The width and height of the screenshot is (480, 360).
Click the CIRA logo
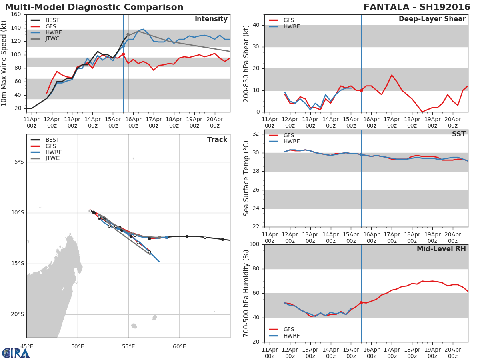click(16, 352)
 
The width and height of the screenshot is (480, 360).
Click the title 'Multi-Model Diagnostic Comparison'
click(94, 7)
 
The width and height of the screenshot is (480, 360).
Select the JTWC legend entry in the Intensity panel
click(52, 39)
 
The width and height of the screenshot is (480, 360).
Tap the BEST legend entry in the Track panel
click(52, 140)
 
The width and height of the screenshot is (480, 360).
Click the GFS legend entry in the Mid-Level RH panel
click(288, 329)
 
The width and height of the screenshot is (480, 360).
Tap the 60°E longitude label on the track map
click(179, 346)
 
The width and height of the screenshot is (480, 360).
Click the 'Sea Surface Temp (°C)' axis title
click(246, 178)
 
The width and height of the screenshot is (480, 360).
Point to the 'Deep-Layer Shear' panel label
click(432, 19)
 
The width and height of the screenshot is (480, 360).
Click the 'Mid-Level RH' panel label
click(441, 249)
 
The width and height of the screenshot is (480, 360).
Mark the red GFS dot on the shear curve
click(361, 90)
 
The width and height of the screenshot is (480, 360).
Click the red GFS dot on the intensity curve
click(123, 54)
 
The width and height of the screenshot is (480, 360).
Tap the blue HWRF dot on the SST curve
click(361, 154)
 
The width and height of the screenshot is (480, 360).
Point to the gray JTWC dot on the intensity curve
click(128, 35)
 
